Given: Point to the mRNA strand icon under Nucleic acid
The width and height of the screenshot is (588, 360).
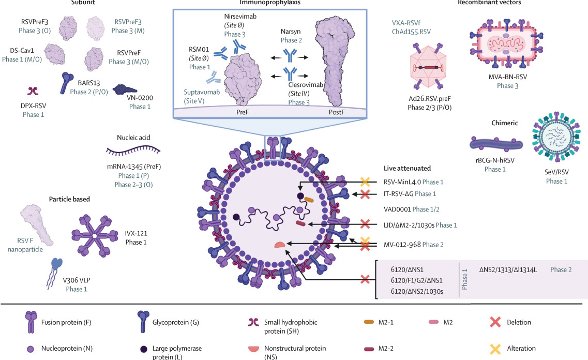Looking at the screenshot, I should tap(133, 151).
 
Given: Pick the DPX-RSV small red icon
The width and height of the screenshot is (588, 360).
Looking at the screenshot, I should tap(33, 91).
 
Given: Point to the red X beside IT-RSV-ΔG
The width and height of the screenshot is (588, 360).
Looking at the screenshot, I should tap(365, 194).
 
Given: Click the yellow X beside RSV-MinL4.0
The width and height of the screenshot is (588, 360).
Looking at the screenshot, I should tap(365, 182).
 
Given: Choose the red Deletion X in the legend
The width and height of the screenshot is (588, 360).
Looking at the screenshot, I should tap(494, 322).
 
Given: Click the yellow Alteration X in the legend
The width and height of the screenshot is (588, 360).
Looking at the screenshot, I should tap(494, 348).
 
